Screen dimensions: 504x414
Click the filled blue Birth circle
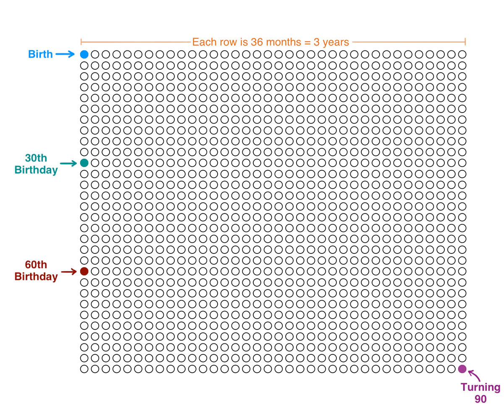tap(84, 55)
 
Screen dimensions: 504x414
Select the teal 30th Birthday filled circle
tap(84, 163)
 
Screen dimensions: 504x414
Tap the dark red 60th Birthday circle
tap(84, 272)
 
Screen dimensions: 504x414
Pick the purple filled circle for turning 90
tap(462, 369)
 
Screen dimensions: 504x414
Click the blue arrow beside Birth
tap(65, 54)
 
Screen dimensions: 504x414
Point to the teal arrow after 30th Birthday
tap(68, 163)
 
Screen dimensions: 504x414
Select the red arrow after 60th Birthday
tap(69, 272)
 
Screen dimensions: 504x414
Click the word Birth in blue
tap(40, 54)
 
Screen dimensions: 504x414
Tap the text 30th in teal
tap(36, 158)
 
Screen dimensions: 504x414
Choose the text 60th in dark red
tap(36, 265)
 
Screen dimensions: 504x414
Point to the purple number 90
tap(480, 399)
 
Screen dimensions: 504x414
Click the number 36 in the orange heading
tap(257, 42)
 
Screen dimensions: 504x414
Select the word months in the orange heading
tap(283, 42)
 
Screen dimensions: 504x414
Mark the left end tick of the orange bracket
tap(81, 42)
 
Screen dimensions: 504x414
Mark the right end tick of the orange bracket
tap(465, 42)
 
